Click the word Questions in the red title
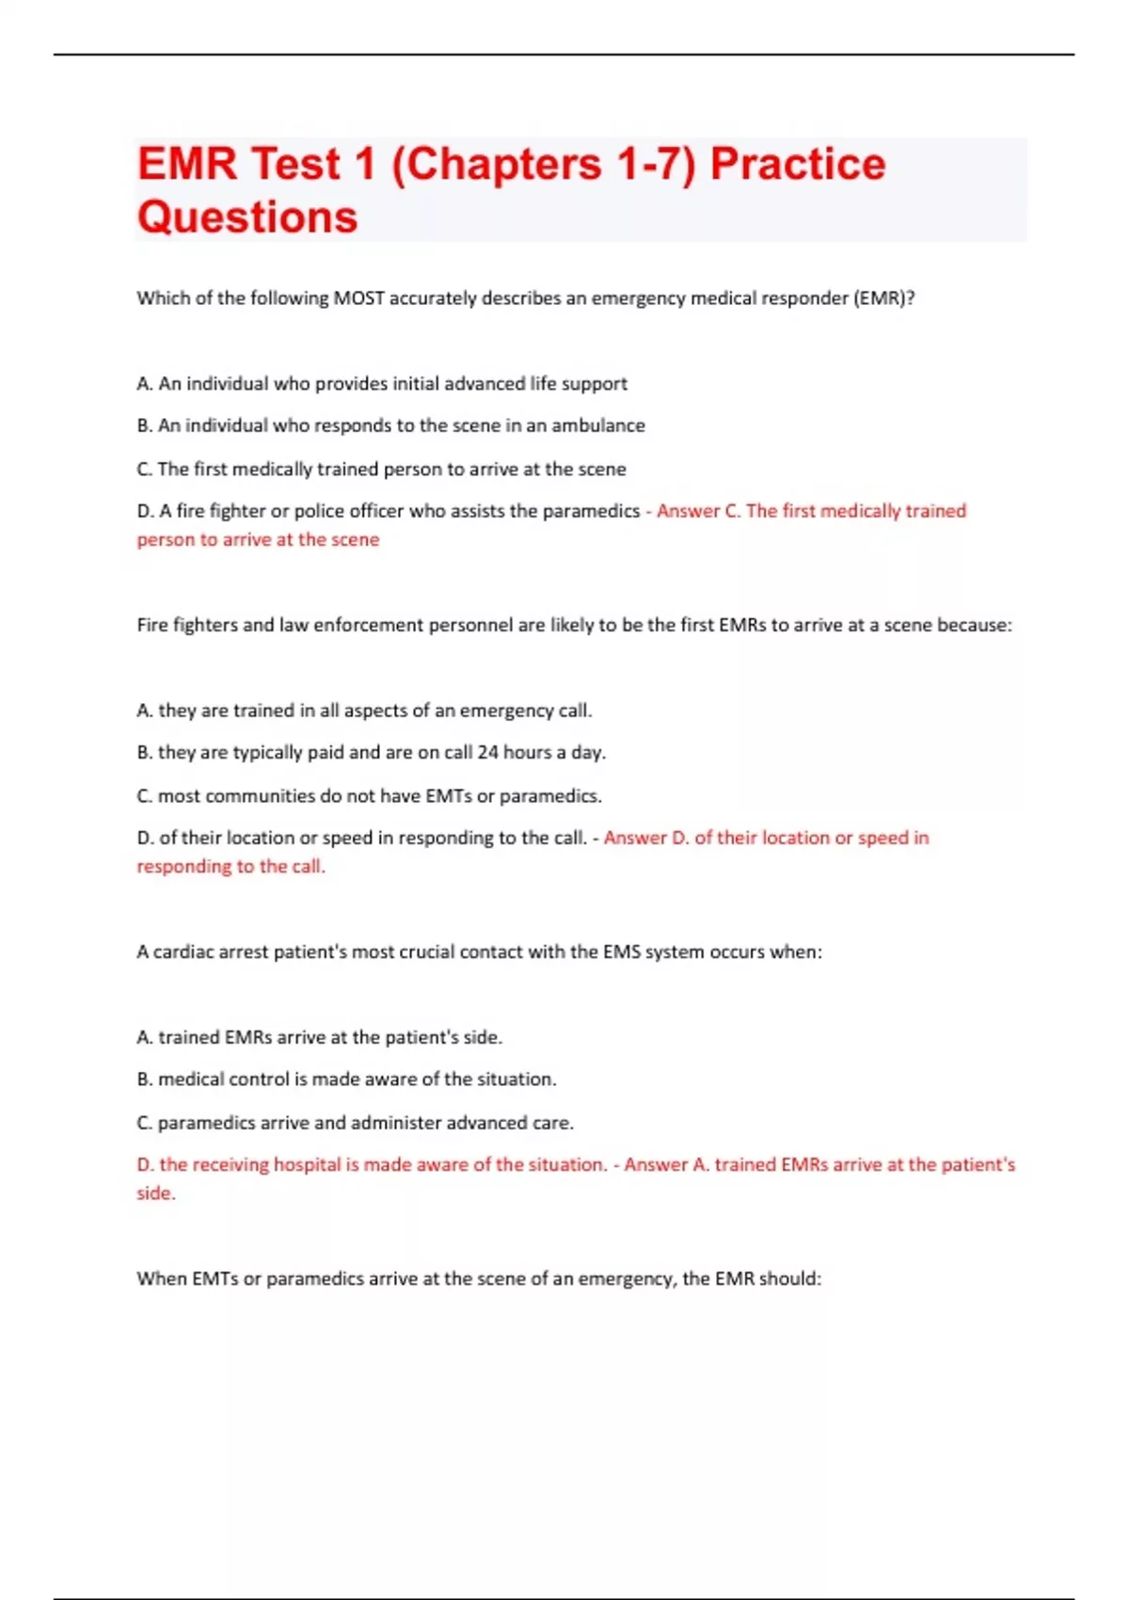coord(247,217)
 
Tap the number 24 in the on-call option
coord(487,752)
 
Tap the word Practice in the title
coord(798,165)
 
